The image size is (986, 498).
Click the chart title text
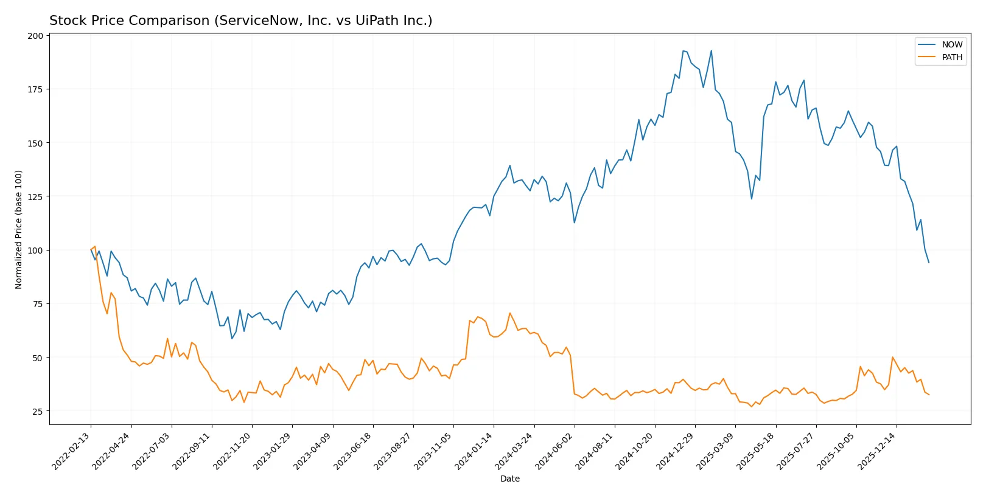point(240,21)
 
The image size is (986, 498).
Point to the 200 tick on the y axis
point(35,36)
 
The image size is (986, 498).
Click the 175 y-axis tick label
point(35,89)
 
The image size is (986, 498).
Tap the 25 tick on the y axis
point(38,412)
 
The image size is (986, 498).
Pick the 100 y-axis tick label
point(35,251)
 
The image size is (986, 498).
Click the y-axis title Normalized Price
point(19,229)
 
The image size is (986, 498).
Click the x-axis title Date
point(509,479)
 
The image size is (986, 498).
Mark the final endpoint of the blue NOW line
point(929,263)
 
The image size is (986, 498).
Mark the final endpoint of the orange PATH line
point(929,395)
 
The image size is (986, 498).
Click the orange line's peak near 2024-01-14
point(509,313)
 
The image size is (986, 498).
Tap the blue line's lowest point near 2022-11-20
point(232,339)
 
